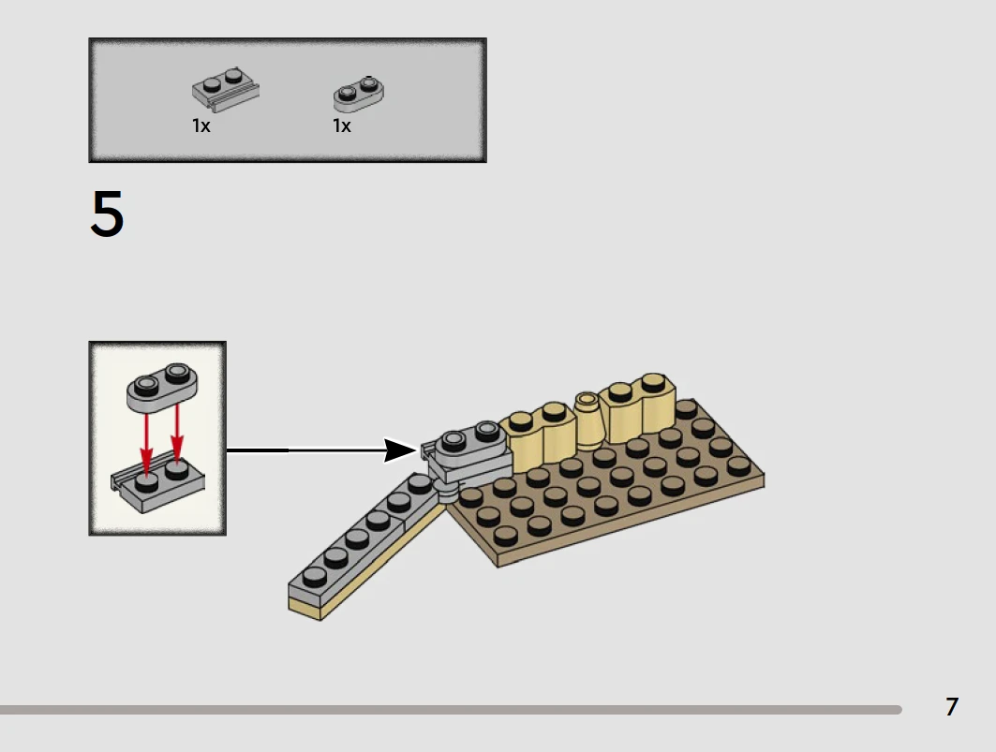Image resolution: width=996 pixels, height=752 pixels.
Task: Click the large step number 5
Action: click(107, 214)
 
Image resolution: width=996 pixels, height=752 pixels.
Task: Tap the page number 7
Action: click(952, 706)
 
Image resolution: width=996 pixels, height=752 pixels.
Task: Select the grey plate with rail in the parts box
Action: click(226, 87)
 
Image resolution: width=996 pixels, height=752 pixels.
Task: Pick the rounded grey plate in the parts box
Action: click(359, 92)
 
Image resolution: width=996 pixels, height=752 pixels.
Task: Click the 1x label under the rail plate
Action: click(201, 125)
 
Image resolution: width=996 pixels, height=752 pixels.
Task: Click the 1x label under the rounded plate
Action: click(342, 125)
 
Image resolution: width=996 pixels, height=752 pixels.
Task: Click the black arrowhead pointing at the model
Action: click(402, 450)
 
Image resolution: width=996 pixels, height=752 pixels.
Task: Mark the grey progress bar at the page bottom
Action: click(450, 710)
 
